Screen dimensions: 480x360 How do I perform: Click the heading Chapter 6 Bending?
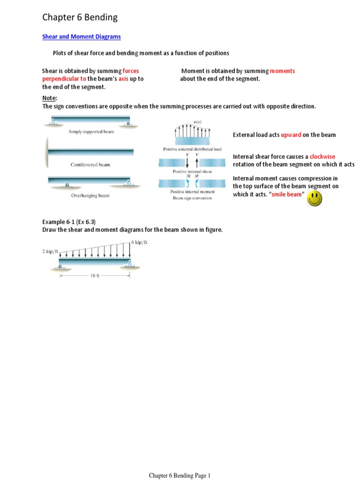click(x=80, y=18)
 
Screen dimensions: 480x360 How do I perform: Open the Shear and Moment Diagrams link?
click(x=82, y=37)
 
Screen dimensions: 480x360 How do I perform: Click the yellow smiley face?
click(x=314, y=198)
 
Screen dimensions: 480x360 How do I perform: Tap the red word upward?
click(x=291, y=135)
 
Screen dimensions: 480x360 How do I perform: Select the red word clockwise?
click(x=322, y=157)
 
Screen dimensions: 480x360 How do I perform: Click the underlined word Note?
click(x=49, y=98)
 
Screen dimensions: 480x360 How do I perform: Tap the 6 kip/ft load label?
click(x=139, y=242)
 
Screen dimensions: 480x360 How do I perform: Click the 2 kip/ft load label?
click(x=51, y=252)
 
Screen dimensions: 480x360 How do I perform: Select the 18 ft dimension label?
click(x=95, y=276)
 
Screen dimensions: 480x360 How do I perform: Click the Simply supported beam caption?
click(x=91, y=132)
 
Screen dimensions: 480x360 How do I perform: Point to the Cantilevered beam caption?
click(x=90, y=165)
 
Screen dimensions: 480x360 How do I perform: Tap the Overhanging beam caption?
click(x=90, y=195)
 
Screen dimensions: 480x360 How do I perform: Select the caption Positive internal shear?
click(x=192, y=172)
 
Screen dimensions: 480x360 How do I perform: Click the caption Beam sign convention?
click(x=192, y=198)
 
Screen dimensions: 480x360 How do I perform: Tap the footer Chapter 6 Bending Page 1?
click(x=180, y=476)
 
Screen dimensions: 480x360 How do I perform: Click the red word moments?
click(x=282, y=71)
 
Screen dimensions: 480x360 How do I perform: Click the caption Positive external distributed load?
click(x=192, y=150)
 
